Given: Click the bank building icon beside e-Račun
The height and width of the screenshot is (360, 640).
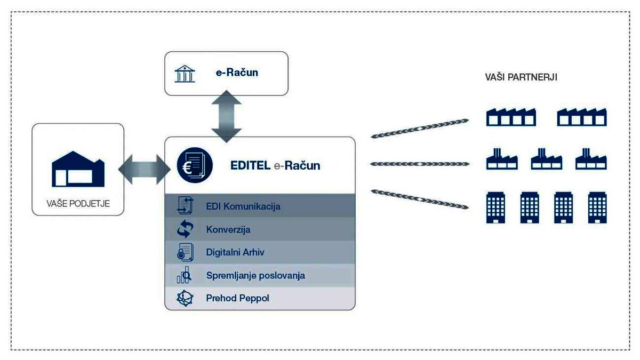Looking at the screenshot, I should [185, 74].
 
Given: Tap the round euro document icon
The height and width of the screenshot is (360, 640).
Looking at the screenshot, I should [195, 165].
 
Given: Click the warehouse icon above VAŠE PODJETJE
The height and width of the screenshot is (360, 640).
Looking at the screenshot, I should [78, 169].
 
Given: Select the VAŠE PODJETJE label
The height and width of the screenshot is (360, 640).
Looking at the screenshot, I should [78, 203].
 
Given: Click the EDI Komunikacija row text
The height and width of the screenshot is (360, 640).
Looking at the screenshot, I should [243, 206].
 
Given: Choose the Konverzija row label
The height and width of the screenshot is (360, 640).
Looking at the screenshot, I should [228, 230].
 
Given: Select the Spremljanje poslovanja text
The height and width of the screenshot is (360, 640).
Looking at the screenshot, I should [255, 276].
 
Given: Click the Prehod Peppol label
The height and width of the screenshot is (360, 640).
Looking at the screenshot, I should [237, 298].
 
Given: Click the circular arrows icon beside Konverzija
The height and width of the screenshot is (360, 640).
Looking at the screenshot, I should [185, 229].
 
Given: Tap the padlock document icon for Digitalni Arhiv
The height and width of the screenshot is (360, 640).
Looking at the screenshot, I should [185, 252].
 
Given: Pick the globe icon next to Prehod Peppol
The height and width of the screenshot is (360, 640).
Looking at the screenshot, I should [185, 298].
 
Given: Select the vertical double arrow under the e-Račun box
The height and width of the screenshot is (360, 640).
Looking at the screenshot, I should [227, 116].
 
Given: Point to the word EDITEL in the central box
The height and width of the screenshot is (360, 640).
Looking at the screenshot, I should [250, 165].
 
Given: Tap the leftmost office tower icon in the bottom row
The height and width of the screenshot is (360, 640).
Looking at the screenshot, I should [495, 207].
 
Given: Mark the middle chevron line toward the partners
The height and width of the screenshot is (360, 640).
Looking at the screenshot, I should [419, 164].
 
